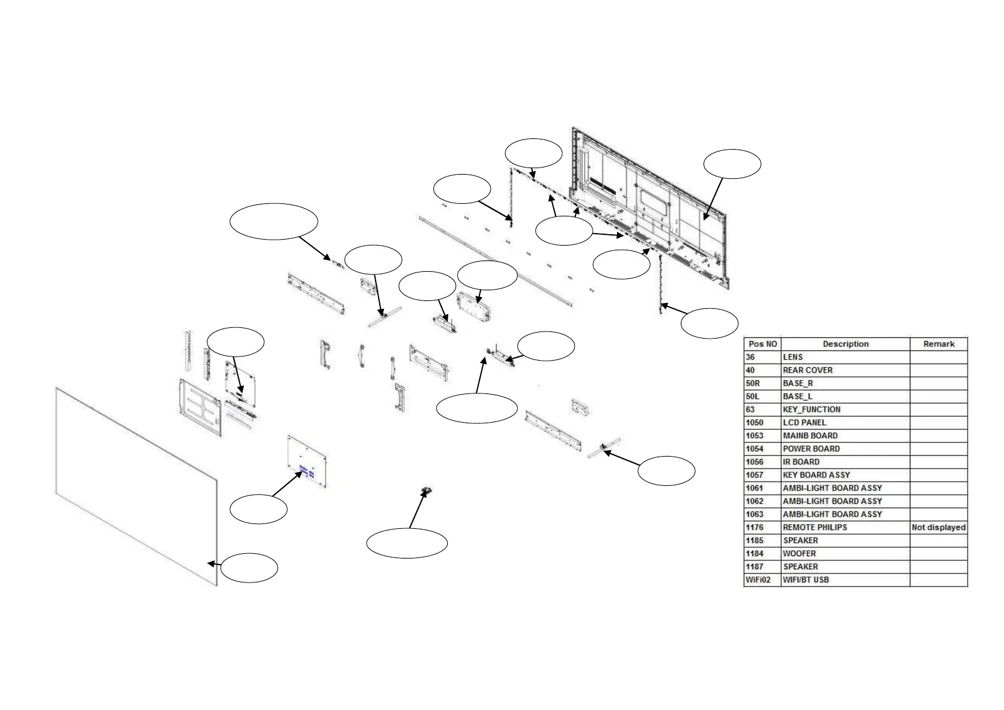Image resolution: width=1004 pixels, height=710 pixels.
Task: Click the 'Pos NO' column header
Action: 763,344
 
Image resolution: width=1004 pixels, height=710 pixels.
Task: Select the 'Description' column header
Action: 845,344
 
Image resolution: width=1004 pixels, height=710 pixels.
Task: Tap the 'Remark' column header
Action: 938,344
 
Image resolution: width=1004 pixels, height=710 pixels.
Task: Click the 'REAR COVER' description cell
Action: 807,370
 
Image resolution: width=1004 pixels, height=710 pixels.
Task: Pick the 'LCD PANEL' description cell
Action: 804,423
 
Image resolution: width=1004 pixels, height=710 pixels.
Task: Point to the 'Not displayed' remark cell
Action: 938,528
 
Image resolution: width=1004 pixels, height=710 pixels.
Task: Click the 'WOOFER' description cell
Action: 799,554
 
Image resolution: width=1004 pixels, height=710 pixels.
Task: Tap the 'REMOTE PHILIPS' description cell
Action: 814,528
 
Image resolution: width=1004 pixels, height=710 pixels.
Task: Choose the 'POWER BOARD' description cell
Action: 811,449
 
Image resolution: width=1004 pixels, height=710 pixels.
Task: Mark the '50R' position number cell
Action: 754,383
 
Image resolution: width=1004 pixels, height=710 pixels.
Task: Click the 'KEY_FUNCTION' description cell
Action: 811,410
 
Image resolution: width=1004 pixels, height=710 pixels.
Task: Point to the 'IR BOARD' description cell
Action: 801,462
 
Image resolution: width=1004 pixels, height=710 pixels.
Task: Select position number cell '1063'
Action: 754,514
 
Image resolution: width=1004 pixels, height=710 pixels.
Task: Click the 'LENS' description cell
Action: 792,357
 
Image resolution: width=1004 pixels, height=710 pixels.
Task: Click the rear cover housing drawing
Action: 650,203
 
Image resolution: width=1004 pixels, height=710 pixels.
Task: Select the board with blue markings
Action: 308,463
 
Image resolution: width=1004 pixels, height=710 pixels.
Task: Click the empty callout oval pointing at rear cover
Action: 732,164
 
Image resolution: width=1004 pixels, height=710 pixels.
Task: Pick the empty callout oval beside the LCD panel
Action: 249,568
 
